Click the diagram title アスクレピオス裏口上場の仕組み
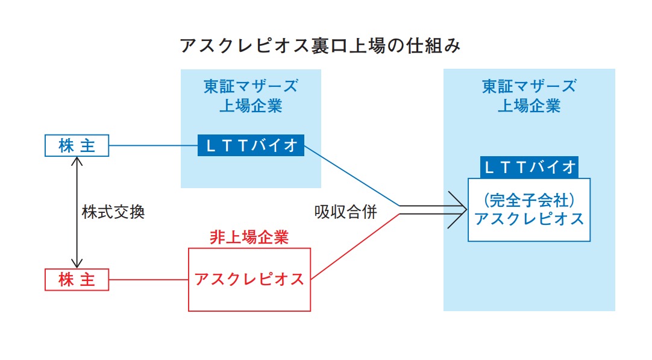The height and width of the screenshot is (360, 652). coord(320,45)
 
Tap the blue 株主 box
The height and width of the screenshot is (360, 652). coord(77,146)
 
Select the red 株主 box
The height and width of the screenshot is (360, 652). coord(77,280)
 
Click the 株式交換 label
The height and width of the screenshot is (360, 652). coord(113,212)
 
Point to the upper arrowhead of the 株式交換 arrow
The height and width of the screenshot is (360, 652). coord(77,158)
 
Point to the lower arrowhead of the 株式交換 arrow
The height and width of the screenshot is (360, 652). coord(77,267)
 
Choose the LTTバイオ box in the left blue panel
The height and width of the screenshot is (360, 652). coord(251,145)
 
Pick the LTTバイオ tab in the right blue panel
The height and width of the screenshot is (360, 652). coord(529,167)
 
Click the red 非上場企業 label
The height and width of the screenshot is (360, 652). coord(249,237)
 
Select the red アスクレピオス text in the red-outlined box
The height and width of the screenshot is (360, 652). coord(249,279)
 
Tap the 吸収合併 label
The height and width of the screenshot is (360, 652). coord(345,212)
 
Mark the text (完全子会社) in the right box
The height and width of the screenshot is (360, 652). coord(529,201)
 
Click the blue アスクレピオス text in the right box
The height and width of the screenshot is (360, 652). coord(529,219)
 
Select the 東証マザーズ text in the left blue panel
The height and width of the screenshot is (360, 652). coord(251,87)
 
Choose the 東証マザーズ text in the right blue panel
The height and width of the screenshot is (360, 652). coord(529,87)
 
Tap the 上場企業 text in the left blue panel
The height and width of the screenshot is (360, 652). coord(251,106)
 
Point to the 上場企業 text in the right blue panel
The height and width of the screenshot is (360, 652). coord(529,106)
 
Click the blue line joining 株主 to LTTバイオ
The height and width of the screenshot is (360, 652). coord(153,146)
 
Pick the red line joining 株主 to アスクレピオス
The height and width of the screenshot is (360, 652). coord(148,280)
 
